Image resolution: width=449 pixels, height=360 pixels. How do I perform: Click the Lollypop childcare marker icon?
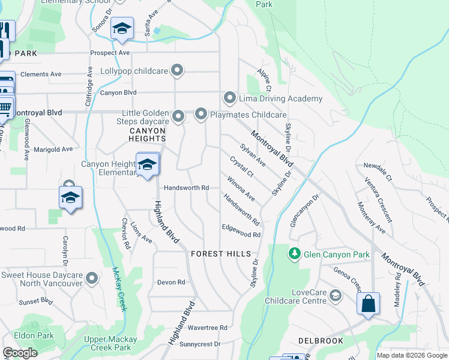tap(177, 71)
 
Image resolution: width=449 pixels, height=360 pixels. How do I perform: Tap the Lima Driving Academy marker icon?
tap(229, 98)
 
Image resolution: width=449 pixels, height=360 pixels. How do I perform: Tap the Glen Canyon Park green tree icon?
tap(294, 254)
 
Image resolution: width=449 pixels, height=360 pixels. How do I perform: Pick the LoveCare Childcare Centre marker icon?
tap(336, 295)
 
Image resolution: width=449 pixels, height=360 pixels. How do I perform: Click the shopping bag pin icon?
tap(368, 304)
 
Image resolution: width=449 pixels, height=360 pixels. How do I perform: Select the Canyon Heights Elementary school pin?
tap(147, 166)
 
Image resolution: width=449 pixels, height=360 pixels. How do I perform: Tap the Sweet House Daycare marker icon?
tap(92, 278)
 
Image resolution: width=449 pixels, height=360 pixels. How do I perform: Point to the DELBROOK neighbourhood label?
tap(321, 341)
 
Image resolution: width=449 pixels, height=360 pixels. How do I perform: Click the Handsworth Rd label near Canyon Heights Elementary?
tap(187, 188)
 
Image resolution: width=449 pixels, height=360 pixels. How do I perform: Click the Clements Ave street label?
tap(41, 74)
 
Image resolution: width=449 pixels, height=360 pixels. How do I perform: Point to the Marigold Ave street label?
tap(53, 149)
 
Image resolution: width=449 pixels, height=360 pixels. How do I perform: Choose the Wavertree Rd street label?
tap(207, 328)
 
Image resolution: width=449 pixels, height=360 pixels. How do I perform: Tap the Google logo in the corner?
tap(20, 353)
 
